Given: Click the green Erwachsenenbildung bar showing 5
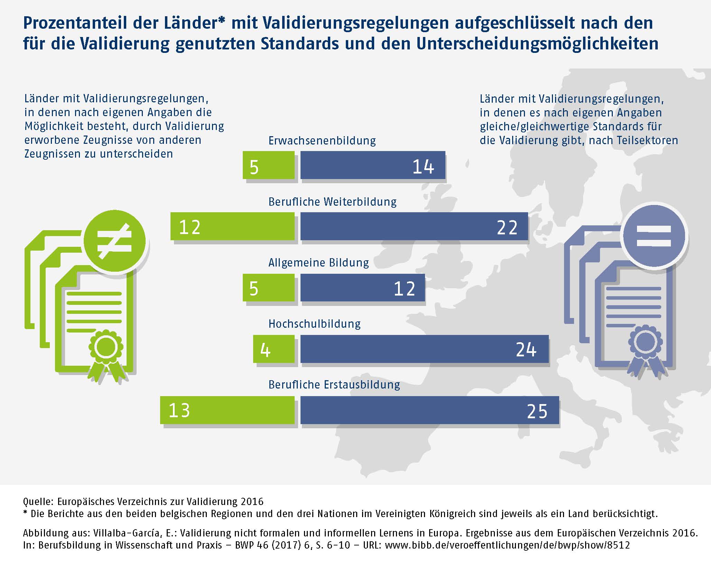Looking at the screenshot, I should (x=269, y=165).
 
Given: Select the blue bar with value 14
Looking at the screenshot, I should (x=373, y=165).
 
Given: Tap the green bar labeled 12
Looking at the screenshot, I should (x=232, y=226).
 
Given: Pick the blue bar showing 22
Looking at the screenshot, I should (x=414, y=226).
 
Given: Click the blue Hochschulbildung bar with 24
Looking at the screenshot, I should (x=424, y=349).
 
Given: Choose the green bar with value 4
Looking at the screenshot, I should (x=274, y=349).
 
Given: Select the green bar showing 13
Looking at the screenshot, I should (x=227, y=410).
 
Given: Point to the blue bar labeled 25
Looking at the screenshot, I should (x=430, y=410).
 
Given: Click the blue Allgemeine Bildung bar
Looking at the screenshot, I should (x=362, y=288).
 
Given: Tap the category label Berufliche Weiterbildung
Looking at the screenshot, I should (x=332, y=202).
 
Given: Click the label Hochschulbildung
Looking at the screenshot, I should (x=314, y=324).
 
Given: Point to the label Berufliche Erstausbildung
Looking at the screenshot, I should (x=334, y=385).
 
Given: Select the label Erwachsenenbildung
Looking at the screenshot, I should (x=322, y=141).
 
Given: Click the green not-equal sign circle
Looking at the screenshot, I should (x=115, y=241).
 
